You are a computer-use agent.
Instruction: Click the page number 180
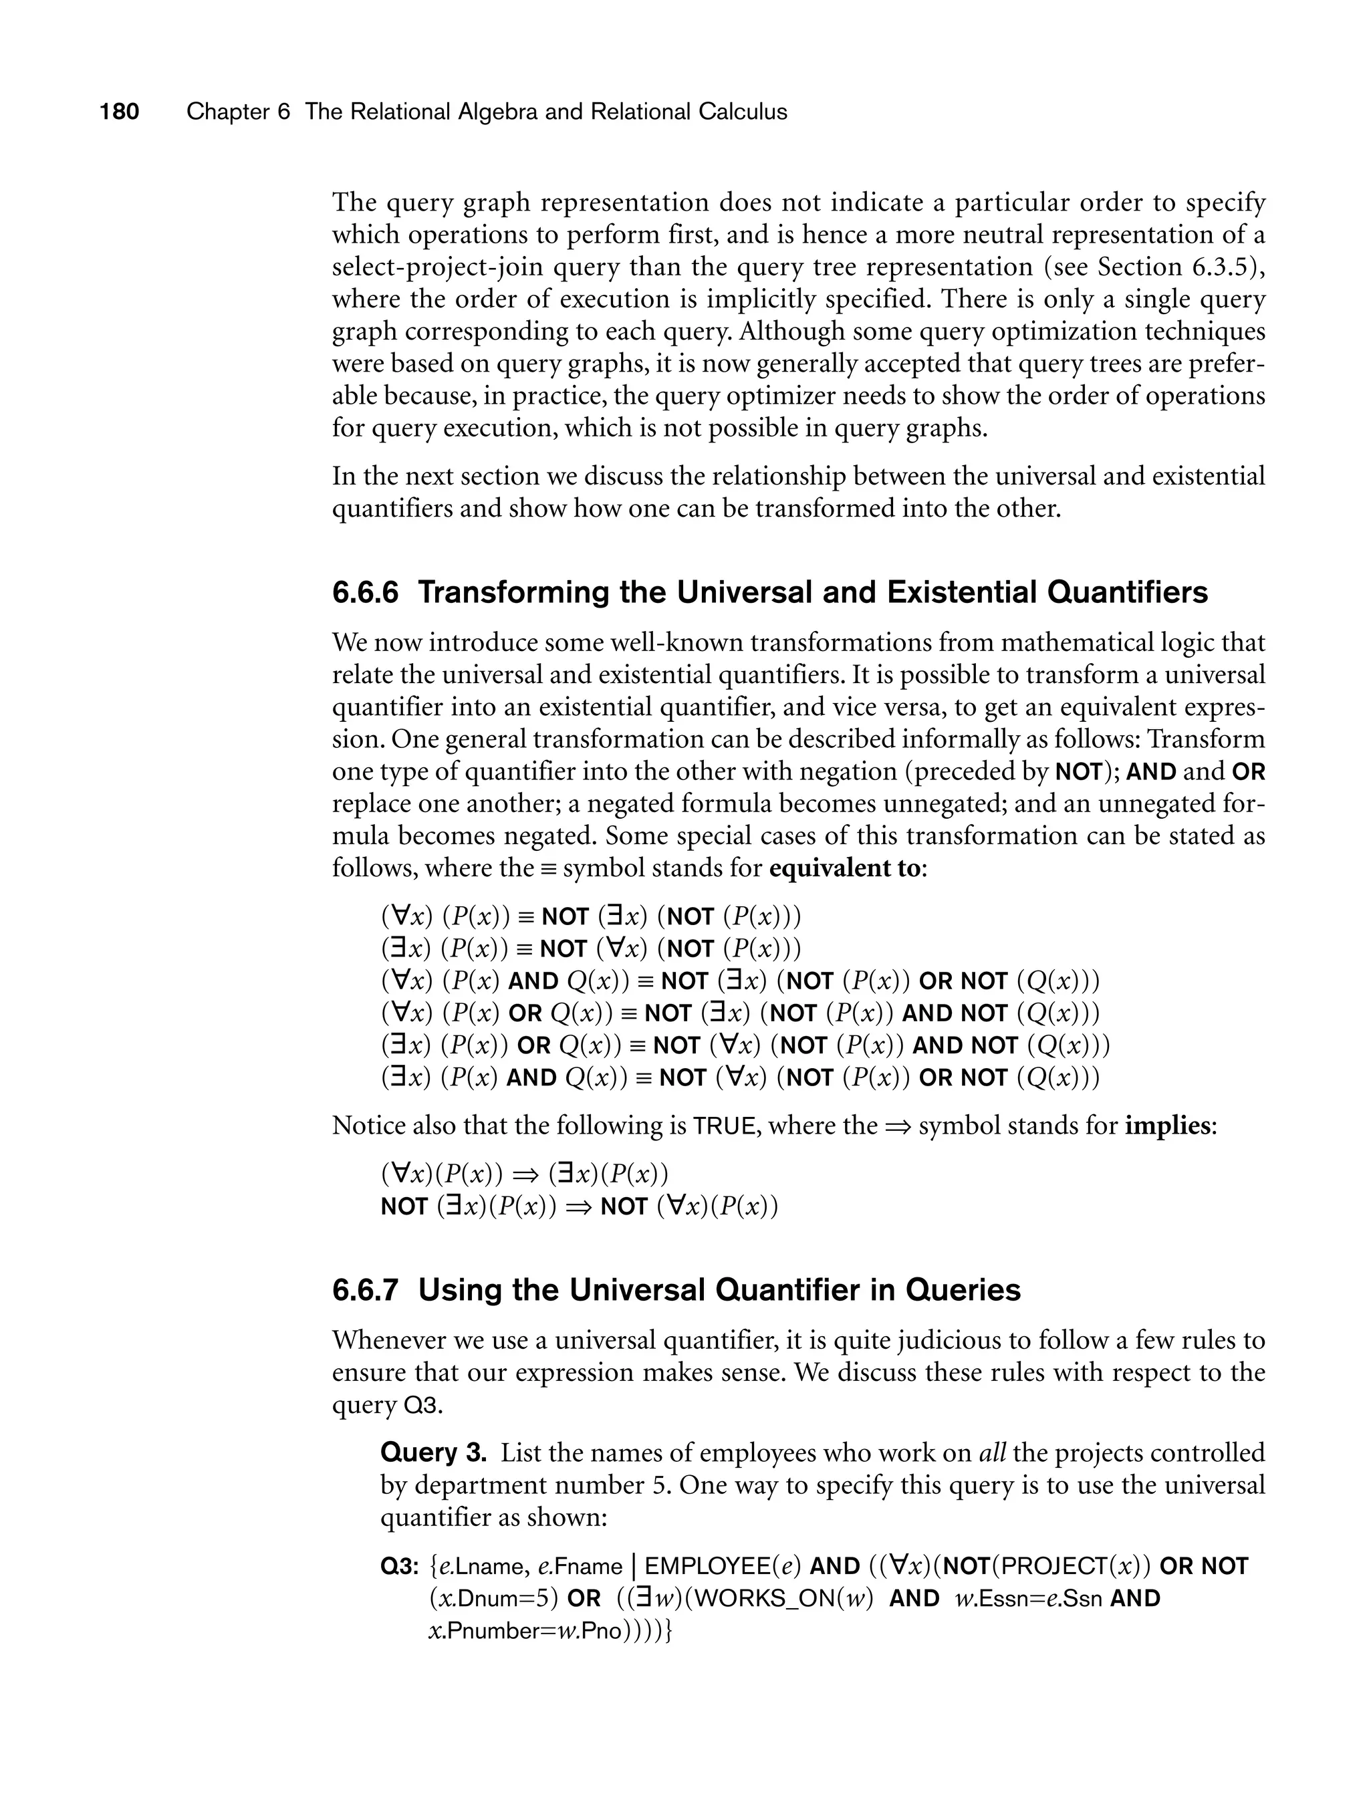pyautogui.click(x=119, y=112)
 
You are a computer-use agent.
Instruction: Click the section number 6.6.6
pyautogui.click(x=365, y=592)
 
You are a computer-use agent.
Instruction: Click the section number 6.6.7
pyautogui.click(x=365, y=1291)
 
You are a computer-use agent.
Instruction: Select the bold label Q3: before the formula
pyautogui.click(x=400, y=1567)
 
